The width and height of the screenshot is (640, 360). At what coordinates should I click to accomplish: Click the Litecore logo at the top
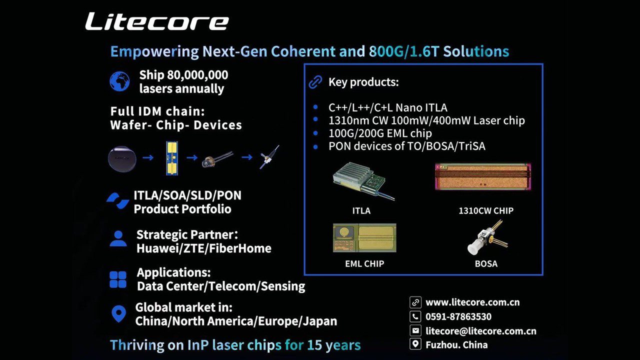[x=156, y=21]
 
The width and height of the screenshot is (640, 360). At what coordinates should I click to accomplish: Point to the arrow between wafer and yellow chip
[x=147, y=158]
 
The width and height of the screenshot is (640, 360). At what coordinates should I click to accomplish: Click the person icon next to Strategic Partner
[x=118, y=238]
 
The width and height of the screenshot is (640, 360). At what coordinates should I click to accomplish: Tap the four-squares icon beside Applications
[x=118, y=279]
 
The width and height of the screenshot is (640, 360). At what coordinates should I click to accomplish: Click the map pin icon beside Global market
[x=118, y=314]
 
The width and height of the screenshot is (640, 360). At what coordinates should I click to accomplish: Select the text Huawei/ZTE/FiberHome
[x=203, y=248]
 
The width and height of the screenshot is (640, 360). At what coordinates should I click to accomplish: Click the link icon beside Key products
[x=315, y=82]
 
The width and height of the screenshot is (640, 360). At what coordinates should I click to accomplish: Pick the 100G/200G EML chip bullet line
[x=380, y=133]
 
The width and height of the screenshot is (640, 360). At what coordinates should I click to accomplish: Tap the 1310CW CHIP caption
[x=485, y=211]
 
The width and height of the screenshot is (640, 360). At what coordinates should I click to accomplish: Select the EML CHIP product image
[x=364, y=237]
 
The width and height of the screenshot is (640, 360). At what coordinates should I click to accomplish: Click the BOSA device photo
[x=486, y=237]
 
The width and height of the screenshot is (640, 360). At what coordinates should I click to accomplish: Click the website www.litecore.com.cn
[x=472, y=302]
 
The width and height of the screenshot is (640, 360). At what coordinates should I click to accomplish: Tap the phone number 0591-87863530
[x=458, y=316]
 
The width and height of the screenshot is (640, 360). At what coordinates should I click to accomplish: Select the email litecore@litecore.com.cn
[x=480, y=331]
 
